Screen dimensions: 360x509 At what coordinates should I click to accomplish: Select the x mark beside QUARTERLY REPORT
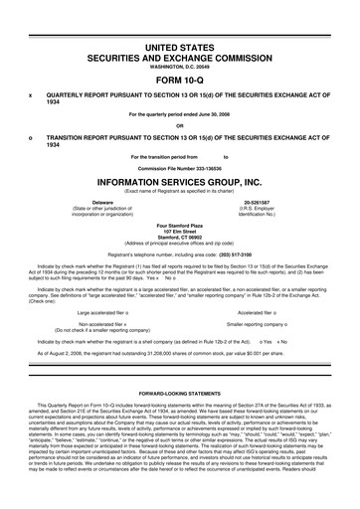point(31,95)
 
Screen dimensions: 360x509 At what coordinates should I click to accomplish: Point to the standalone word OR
point(180,125)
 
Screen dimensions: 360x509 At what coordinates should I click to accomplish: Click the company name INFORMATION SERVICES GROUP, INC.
point(180,183)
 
